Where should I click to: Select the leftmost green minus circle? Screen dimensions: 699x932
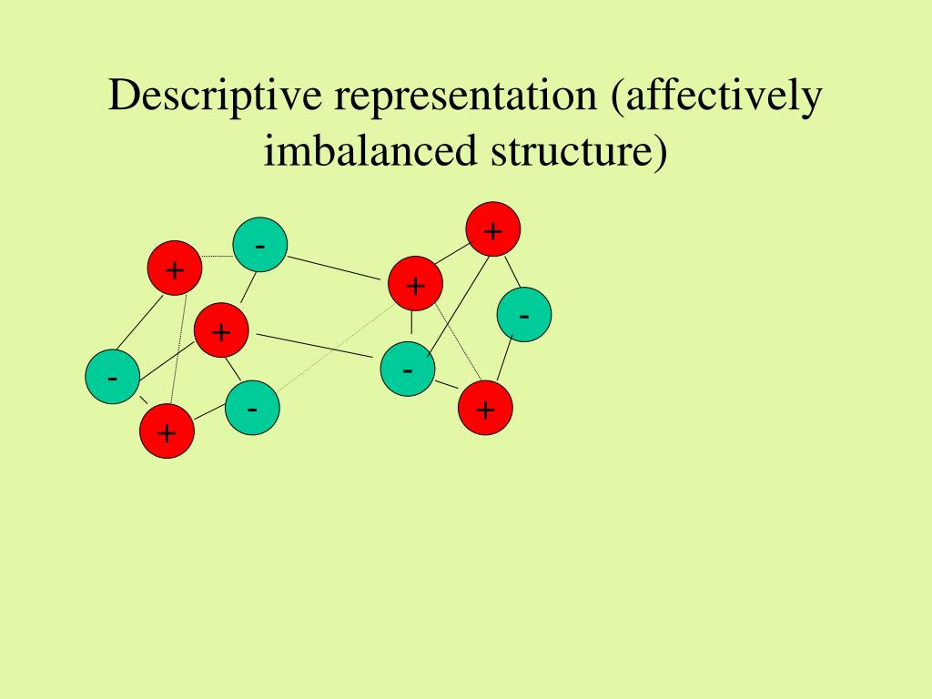112,377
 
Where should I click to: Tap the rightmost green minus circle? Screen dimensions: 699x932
524,315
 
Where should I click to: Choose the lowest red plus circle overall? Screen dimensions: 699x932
167,431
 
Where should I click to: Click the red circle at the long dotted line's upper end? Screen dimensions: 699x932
415,285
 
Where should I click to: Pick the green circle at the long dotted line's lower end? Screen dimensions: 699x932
252,408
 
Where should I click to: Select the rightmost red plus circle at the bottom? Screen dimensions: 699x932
484,409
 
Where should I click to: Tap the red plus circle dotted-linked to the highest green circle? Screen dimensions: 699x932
174,268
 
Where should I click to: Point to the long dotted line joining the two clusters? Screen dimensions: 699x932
333,348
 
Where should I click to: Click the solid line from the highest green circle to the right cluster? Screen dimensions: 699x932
333,268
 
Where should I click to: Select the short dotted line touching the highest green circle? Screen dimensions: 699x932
217,257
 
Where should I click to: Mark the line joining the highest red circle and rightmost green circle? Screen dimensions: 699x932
512,271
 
